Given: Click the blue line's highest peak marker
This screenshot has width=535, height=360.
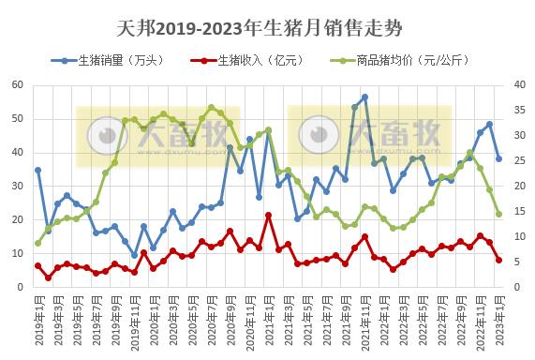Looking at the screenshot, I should click(364, 97).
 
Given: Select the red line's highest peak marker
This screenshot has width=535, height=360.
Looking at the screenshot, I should click(269, 216).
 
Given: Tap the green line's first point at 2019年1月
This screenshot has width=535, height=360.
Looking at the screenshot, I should click(37, 243).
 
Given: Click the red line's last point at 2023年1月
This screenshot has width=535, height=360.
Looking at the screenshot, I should click(498, 260).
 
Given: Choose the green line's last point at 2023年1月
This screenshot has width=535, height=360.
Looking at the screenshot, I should click(498, 214).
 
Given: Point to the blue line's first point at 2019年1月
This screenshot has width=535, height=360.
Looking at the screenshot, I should click(37, 170).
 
